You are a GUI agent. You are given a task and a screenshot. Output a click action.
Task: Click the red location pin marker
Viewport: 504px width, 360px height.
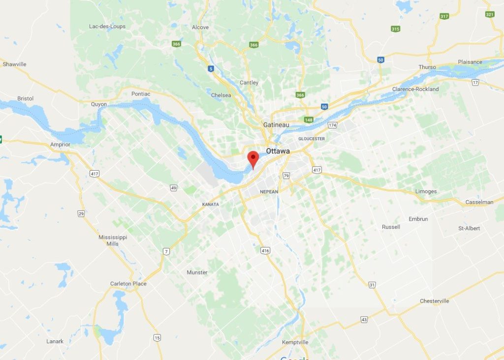253,159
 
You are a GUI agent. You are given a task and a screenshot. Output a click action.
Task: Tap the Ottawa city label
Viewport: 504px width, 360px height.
278,151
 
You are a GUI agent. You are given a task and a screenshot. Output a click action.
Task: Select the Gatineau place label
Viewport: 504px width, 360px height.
276,125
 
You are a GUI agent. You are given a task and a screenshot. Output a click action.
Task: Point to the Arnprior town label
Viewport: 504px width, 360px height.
60,145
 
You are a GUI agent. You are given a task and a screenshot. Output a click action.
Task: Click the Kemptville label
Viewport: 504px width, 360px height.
295,342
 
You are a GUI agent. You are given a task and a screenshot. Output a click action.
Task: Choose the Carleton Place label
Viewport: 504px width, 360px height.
128,284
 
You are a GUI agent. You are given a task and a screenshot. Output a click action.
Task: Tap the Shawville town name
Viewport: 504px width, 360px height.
14,64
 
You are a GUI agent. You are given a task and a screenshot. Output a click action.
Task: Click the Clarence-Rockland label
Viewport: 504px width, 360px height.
415,89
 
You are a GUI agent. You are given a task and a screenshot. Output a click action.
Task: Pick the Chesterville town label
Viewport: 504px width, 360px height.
434,301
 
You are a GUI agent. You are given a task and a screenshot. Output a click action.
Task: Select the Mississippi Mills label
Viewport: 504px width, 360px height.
113,240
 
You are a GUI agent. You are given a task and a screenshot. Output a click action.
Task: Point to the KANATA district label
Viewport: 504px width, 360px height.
210,204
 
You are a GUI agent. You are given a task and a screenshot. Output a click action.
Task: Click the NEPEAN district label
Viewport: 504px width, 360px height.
269,191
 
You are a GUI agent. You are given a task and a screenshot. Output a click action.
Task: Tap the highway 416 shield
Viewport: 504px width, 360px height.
265,251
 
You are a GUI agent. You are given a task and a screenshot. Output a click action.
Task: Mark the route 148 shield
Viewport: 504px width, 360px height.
309,120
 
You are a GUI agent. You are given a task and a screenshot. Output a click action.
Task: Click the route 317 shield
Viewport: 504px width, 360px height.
444,16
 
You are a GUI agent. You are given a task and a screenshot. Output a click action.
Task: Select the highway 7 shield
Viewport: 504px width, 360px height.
166,252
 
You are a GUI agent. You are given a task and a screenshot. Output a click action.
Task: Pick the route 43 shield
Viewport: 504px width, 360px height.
364,320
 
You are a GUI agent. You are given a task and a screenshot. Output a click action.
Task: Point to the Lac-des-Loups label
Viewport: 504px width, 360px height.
107,27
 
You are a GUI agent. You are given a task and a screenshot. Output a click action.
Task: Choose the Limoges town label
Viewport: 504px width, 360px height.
426,191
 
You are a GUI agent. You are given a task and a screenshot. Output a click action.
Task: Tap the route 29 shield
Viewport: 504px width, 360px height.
81,213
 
